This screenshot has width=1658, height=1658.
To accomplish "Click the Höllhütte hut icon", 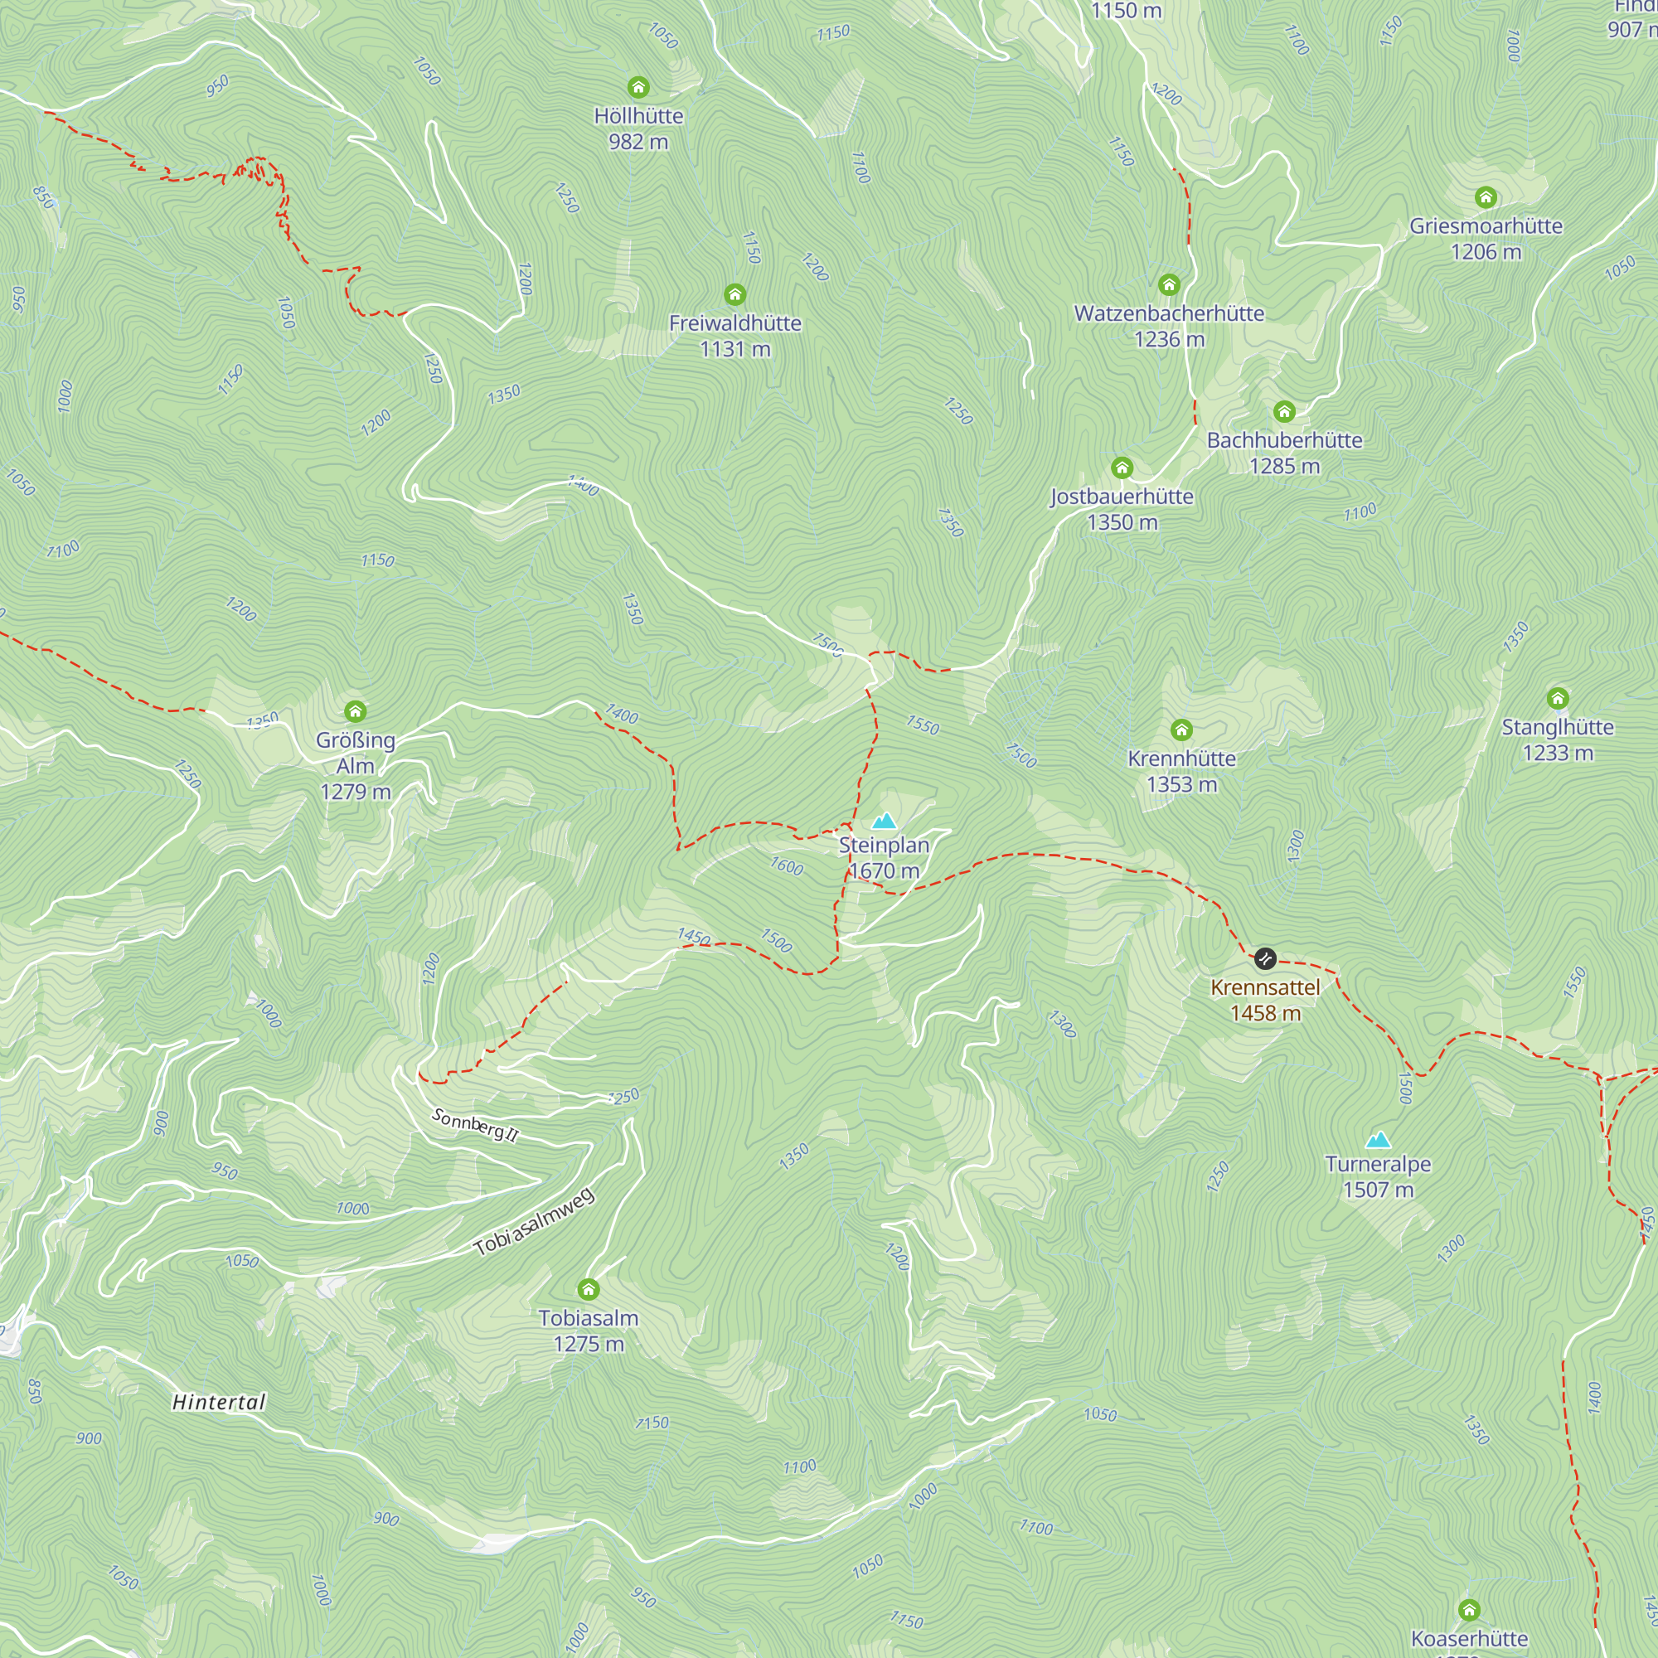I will pos(638,87).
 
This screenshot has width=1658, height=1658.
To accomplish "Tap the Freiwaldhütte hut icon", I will pos(734,294).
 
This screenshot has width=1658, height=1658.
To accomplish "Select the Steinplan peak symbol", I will pos(884,821).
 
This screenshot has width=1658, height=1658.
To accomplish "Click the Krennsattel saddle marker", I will pos(1265,957).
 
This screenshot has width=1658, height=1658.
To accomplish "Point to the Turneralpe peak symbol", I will pos(1377,1140).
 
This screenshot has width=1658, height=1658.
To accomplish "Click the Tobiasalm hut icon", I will pos(588,1289).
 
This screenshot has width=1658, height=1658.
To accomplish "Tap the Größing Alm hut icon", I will pos(356,710).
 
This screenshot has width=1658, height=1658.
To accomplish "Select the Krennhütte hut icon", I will pos(1181,730).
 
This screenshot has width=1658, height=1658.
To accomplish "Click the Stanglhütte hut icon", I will pos(1558,698).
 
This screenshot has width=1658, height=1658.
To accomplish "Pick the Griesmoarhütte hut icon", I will pos(1486,197).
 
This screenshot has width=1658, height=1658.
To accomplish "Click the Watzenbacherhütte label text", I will pos(1169,313).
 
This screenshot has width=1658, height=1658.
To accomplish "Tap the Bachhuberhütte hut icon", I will pos(1284,411).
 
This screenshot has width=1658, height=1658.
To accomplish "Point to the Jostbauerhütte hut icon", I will pos(1122,467).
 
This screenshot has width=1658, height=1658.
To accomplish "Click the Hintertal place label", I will pos(219,1401).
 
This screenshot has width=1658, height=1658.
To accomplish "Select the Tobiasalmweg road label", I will pos(534,1222).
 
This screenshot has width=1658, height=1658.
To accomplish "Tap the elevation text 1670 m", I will pos(884,870).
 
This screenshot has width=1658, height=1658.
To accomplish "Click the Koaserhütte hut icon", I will pos(1469,1609).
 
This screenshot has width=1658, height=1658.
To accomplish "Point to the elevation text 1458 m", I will pos(1265,1013).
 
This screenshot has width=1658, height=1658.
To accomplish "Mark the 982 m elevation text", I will pos(638,142).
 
